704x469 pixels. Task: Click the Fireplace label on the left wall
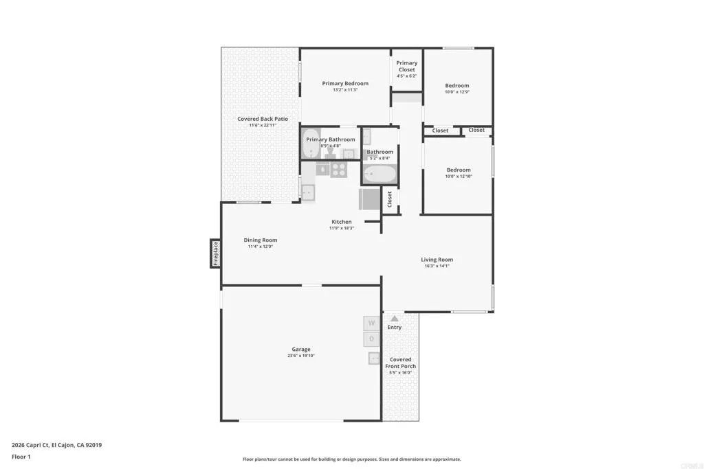pyautogui.click(x=215, y=253)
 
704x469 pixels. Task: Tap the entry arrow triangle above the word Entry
pyautogui.click(x=394, y=319)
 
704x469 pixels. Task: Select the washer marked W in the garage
pyautogui.click(x=371, y=323)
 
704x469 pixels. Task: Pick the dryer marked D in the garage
pyautogui.click(x=371, y=339)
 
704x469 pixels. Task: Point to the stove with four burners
pyautogui.click(x=340, y=169)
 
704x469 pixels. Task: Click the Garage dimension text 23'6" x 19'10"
pyautogui.click(x=300, y=356)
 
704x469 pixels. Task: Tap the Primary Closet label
pyautogui.click(x=406, y=66)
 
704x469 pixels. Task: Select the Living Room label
pyautogui.click(x=437, y=260)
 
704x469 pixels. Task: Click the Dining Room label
pyautogui.click(x=261, y=240)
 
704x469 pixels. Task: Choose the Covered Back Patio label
pyautogui.click(x=263, y=119)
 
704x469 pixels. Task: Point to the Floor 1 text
pyautogui.click(x=21, y=456)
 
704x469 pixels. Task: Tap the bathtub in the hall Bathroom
pyautogui.click(x=379, y=172)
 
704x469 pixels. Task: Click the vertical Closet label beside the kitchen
pyautogui.click(x=390, y=200)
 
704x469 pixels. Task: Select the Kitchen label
pyautogui.click(x=342, y=222)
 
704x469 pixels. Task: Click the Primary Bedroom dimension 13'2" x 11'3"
pyautogui.click(x=345, y=90)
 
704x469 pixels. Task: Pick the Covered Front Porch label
pyautogui.click(x=400, y=363)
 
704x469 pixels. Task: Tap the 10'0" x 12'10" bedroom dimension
pyautogui.click(x=459, y=176)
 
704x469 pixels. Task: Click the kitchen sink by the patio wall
pyautogui.click(x=308, y=192)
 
